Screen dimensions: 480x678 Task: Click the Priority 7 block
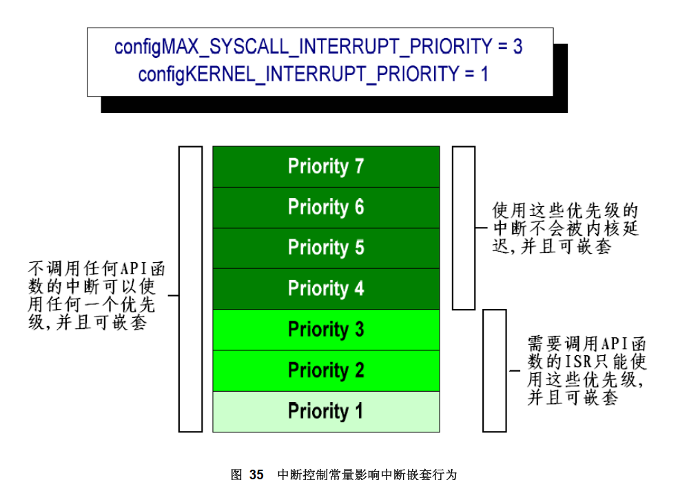pos(326,167)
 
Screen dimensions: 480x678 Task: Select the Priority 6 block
pos(326,208)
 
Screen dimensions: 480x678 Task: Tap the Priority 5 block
pos(326,248)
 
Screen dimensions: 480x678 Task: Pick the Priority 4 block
pos(326,289)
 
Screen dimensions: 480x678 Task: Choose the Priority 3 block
pos(326,330)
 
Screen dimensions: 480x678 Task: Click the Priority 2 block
pos(326,370)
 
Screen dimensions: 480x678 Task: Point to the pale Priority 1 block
pos(326,412)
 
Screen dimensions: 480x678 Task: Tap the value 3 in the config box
pos(517,47)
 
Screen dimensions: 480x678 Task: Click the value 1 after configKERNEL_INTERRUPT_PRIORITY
pos(484,74)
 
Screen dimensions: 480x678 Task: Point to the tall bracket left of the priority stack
pos(190,289)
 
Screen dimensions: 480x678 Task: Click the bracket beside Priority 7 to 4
pos(464,228)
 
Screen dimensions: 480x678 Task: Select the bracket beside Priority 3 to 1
pos(494,370)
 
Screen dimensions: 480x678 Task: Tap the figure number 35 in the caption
pos(256,474)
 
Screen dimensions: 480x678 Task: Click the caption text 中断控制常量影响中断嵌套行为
pos(367,474)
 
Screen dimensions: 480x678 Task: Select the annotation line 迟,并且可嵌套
pos(551,246)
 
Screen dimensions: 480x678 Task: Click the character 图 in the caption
pos(236,474)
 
